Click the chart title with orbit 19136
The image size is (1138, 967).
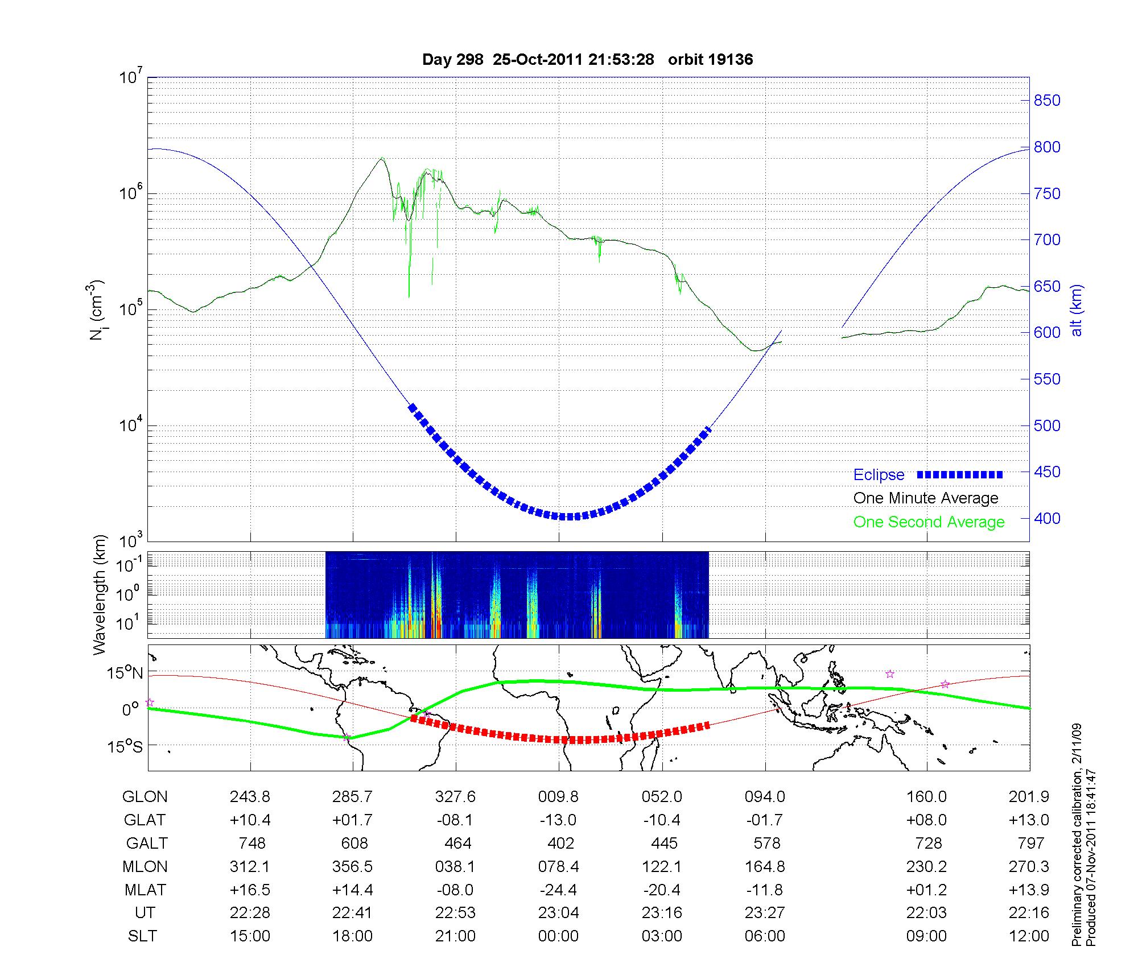pyautogui.click(x=587, y=60)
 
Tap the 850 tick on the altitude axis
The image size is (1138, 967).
pyautogui.click(x=1047, y=101)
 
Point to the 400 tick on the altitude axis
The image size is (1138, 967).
pyautogui.click(x=1047, y=519)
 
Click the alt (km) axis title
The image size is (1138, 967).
pyautogui.click(x=1077, y=311)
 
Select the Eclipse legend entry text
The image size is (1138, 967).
pyautogui.click(x=879, y=475)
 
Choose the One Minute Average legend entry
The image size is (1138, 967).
pyautogui.click(x=926, y=498)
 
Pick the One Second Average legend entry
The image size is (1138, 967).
pyautogui.click(x=929, y=522)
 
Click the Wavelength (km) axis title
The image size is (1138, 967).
pyautogui.click(x=100, y=594)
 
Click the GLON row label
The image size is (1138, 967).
pyautogui.click(x=145, y=797)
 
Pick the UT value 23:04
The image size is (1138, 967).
pyautogui.click(x=558, y=913)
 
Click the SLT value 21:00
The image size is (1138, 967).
pyautogui.click(x=455, y=936)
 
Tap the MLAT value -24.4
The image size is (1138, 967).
pyautogui.click(x=558, y=890)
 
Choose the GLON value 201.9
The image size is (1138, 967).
pyautogui.click(x=1029, y=797)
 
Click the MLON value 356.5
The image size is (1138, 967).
pyautogui.click(x=352, y=866)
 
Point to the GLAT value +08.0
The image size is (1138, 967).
pyautogui.click(x=927, y=820)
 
